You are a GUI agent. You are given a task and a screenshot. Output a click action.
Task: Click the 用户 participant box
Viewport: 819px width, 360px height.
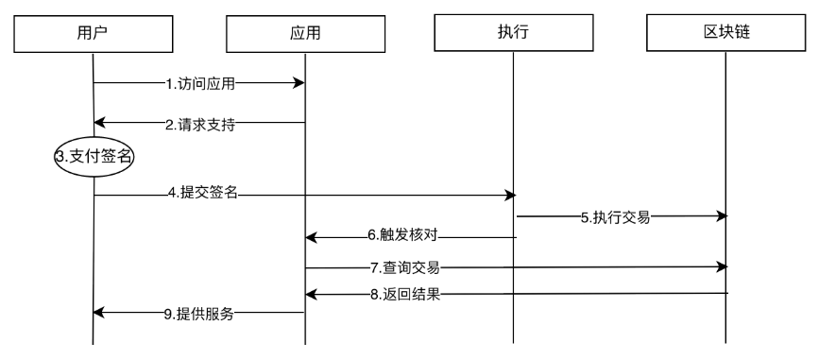point(92,33)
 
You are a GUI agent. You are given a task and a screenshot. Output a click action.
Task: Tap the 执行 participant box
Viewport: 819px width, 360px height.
point(513,33)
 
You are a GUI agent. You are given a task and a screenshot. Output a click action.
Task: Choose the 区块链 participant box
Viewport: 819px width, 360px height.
point(725,33)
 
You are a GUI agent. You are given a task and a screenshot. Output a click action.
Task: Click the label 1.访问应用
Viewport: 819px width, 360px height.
point(200,84)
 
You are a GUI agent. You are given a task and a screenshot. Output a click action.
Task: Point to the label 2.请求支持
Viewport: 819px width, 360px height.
point(200,123)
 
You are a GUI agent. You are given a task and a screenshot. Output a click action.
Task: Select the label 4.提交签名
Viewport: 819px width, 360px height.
point(202,195)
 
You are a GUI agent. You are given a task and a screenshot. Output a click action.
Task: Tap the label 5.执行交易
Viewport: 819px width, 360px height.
point(615,216)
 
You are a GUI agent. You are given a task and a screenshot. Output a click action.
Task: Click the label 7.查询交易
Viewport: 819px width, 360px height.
point(406,267)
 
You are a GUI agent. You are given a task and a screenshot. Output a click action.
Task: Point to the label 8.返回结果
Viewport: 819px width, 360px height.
point(408,295)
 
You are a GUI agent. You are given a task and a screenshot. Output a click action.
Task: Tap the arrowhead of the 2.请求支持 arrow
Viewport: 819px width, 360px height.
point(99,123)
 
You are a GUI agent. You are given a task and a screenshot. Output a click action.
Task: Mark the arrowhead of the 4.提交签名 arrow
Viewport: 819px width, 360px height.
point(510,195)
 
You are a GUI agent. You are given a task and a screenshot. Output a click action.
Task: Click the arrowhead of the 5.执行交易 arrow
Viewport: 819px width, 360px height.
point(722,216)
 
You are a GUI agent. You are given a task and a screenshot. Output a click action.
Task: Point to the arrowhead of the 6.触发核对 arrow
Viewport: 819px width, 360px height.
point(310,236)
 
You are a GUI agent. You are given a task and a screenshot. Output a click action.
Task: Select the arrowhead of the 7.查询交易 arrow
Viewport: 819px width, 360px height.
point(722,267)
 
